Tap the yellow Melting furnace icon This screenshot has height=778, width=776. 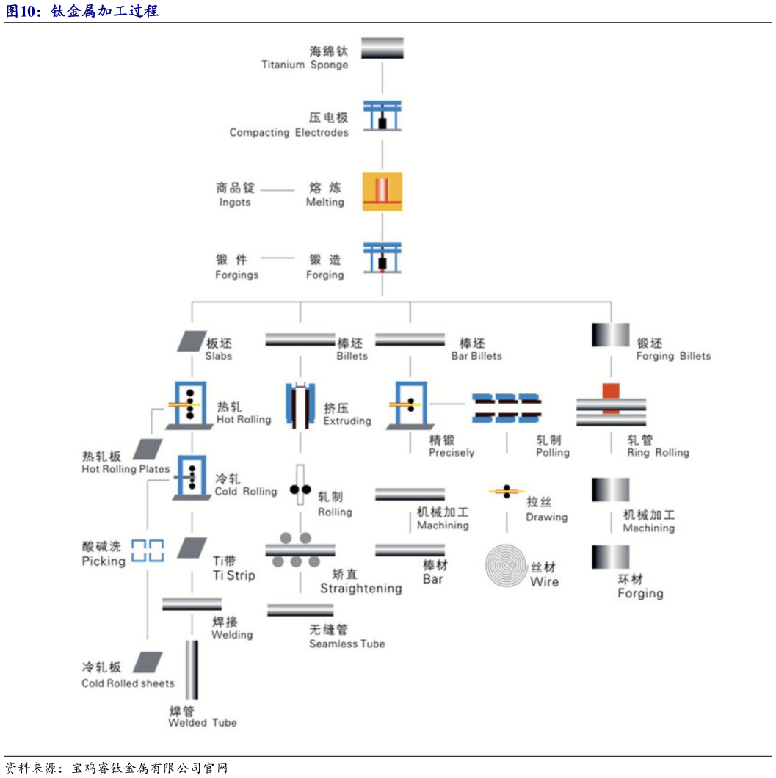pyautogui.click(x=382, y=192)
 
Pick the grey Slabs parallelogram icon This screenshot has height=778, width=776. pyautogui.click(x=192, y=341)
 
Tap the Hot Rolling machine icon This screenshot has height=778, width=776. pyautogui.click(x=189, y=404)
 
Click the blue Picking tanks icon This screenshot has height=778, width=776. pyautogui.click(x=147, y=550)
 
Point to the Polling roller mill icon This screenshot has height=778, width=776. pyautogui.click(x=506, y=408)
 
